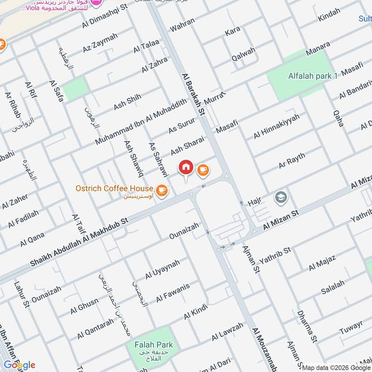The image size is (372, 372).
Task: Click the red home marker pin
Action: [186, 167]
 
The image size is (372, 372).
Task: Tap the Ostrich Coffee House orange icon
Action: [161, 190]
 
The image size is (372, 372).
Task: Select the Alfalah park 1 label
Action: [312, 76]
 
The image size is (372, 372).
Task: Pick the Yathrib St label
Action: [275, 254]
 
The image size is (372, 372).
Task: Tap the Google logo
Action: [19, 365]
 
